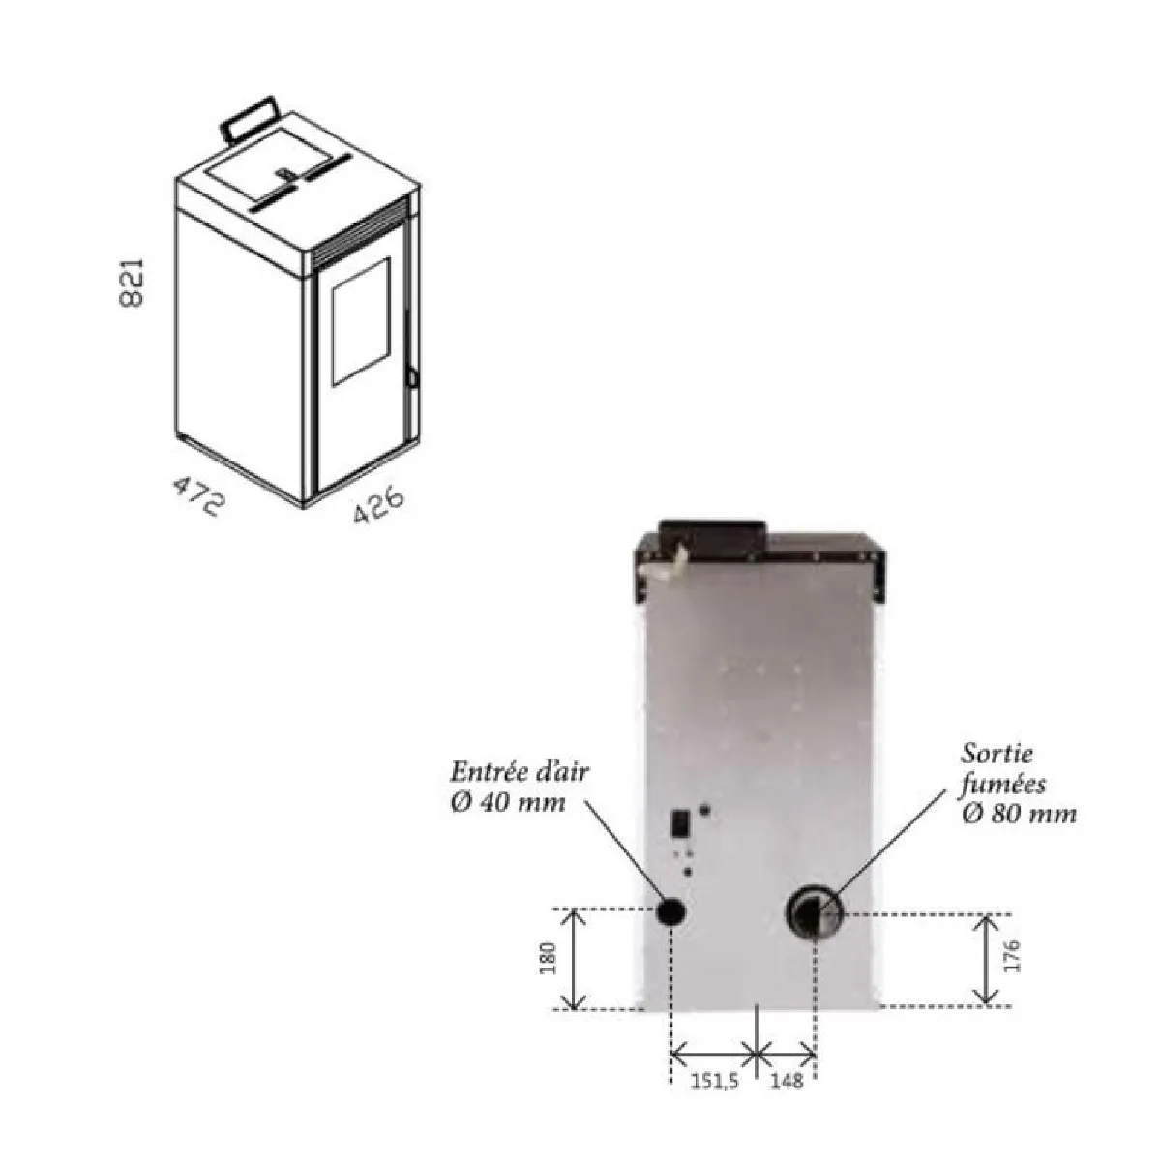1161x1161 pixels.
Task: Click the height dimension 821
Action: click(x=132, y=283)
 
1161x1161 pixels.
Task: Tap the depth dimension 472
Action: click(x=197, y=495)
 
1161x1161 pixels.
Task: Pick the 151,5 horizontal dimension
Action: click(x=714, y=1082)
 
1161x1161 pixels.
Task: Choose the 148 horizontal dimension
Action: click(x=787, y=1082)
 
